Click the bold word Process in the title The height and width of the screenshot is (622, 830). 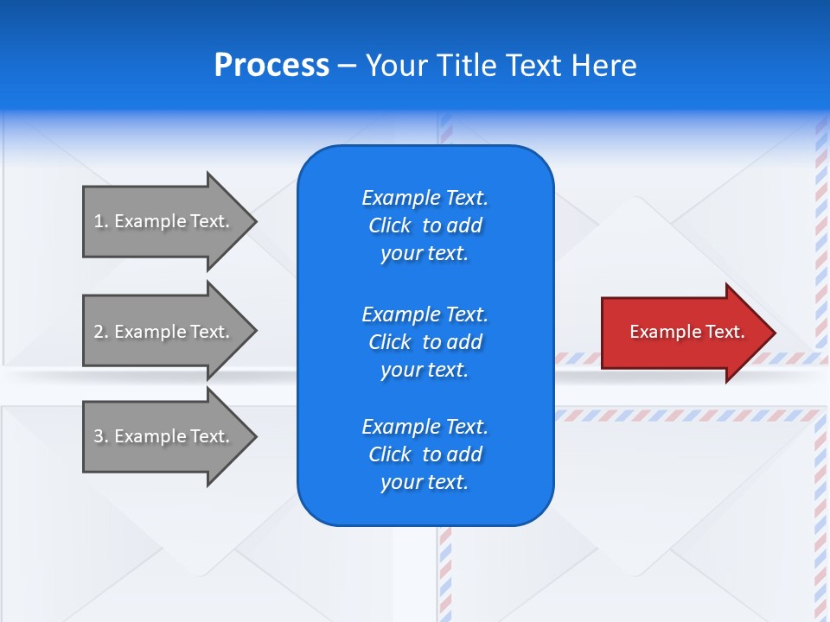(271, 66)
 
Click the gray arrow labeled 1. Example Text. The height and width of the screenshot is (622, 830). (164, 221)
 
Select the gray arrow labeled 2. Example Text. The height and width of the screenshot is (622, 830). (164, 332)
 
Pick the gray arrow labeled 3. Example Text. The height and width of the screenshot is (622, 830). (164, 436)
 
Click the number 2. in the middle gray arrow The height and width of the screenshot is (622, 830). (101, 332)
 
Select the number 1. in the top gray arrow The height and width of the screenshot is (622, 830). (101, 221)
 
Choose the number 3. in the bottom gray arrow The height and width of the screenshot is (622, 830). (101, 436)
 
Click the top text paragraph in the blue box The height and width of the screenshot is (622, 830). (425, 225)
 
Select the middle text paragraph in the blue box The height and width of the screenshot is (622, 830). (425, 342)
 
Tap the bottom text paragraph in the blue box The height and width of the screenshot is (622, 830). (425, 454)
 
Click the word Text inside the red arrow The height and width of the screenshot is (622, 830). (725, 332)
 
